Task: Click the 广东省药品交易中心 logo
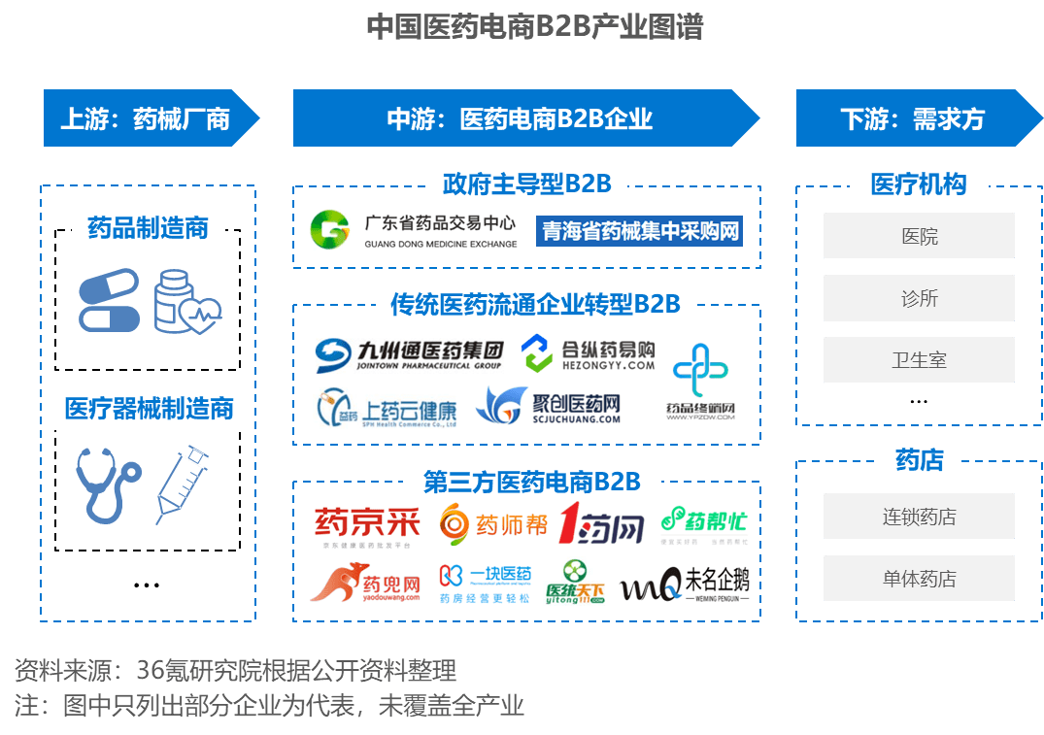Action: point(413,230)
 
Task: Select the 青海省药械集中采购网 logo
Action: point(640,231)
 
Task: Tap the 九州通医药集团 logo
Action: point(411,354)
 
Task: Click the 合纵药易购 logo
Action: point(588,355)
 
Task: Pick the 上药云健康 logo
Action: point(387,409)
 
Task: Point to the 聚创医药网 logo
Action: point(548,406)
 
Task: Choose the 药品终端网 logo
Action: point(701,383)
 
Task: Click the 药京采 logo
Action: point(366,527)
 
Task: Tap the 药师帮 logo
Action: point(493,525)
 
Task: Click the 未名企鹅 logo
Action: point(686,584)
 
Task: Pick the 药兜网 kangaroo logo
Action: point(365,584)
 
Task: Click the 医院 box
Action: point(919,236)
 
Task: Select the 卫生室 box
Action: point(919,360)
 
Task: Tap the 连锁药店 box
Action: point(919,517)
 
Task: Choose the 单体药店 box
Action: point(919,579)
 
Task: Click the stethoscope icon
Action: point(108,484)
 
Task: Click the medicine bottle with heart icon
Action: point(186,302)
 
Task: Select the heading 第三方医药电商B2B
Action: point(531,482)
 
